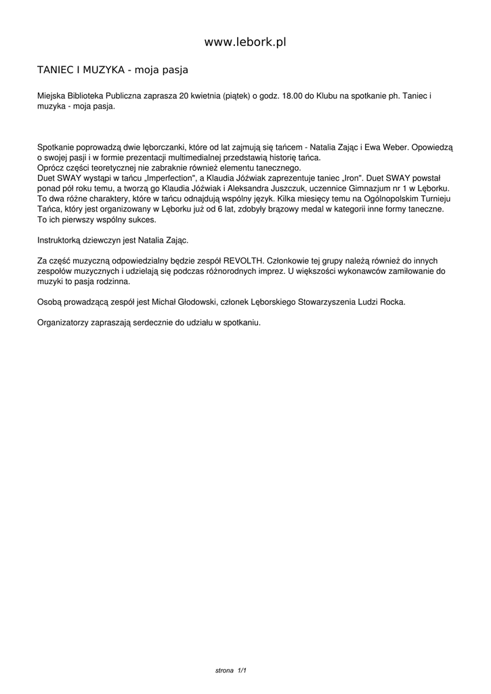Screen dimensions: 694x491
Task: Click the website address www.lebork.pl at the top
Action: pos(245,42)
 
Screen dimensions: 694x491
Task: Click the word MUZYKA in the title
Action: pos(100,70)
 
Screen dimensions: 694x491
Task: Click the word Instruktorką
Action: pos(59,240)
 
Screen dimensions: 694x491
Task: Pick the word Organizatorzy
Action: pos(63,323)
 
